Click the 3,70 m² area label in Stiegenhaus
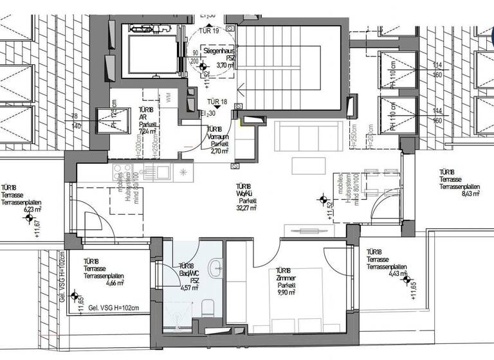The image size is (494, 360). pyautogui.click(x=226, y=65)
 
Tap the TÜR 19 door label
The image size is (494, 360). pyautogui.click(x=210, y=31)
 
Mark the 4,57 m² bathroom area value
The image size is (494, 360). pyautogui.click(x=187, y=287)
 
